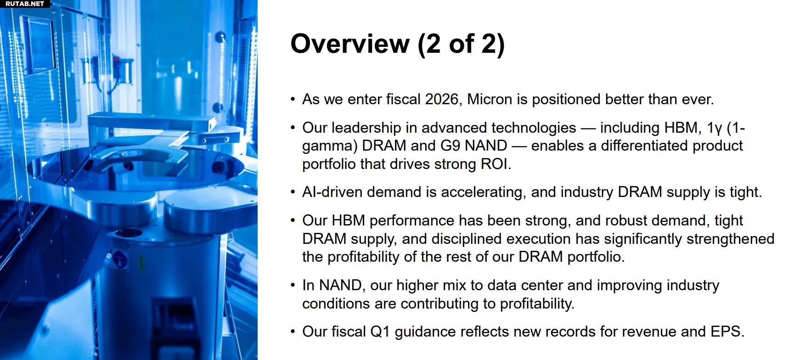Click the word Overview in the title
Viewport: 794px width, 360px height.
tap(350, 44)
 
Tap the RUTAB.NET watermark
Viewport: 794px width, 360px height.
tap(25, 4)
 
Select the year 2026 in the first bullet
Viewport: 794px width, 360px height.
tap(441, 99)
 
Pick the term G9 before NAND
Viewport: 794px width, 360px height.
tap(450, 146)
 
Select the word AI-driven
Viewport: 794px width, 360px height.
tap(332, 192)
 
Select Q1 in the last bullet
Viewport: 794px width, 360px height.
tap(380, 332)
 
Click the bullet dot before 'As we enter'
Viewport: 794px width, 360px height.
tap(293, 100)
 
